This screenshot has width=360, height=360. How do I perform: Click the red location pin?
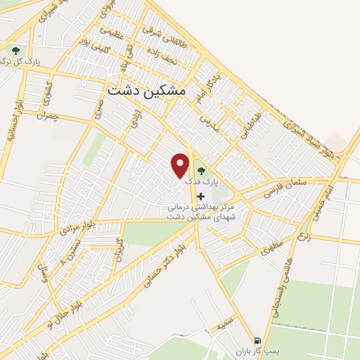[181, 165]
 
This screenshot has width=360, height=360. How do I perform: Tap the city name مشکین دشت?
[147, 91]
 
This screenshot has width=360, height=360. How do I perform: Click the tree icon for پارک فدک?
[202, 169]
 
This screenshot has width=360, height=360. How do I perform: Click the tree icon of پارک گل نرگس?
[15, 51]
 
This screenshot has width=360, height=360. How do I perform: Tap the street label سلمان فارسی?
[288, 186]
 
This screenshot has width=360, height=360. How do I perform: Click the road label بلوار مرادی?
[77, 229]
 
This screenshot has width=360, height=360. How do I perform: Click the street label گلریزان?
[118, 248]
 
